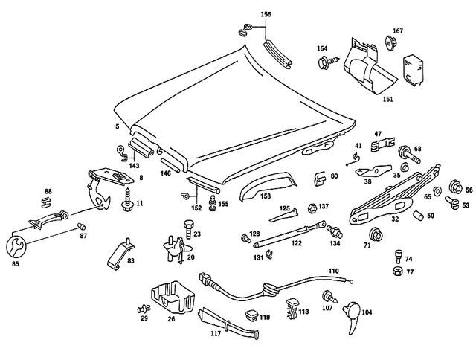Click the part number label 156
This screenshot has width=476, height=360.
266,15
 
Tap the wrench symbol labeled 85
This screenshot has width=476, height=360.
14,246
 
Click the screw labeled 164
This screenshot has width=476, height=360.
325,63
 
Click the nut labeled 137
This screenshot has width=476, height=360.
313,208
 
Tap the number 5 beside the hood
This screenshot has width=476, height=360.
117,128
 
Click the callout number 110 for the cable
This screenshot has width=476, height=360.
334,271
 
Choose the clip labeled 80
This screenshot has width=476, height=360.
318,179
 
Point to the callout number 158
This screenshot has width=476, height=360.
264,196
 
